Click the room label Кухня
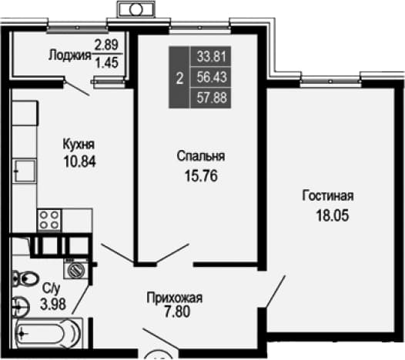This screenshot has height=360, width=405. (x=79, y=145)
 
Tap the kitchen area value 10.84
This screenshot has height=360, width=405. (x=80, y=162)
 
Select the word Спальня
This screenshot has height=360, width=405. (x=201, y=156)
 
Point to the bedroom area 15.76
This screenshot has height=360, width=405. (x=201, y=176)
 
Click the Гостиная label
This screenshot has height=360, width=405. (x=328, y=195)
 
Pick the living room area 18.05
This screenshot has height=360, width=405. (x=333, y=215)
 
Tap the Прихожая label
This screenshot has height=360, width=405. (x=175, y=298)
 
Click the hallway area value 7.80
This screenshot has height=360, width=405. (x=177, y=312)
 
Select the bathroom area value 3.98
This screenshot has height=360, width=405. (x=53, y=304)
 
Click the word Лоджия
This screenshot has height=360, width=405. (x=70, y=55)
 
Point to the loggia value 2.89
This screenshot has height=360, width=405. (x=106, y=45)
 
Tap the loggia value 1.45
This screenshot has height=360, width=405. (x=107, y=62)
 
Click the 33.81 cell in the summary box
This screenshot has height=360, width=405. (x=212, y=56)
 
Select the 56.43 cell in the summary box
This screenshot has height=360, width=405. (x=212, y=77)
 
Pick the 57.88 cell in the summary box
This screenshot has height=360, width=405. (x=212, y=98)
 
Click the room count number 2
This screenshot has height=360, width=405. (x=179, y=78)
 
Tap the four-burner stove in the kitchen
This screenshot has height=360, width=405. (x=49, y=220)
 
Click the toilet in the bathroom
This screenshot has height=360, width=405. (x=25, y=278)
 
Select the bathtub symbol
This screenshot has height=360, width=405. (x=49, y=333)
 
